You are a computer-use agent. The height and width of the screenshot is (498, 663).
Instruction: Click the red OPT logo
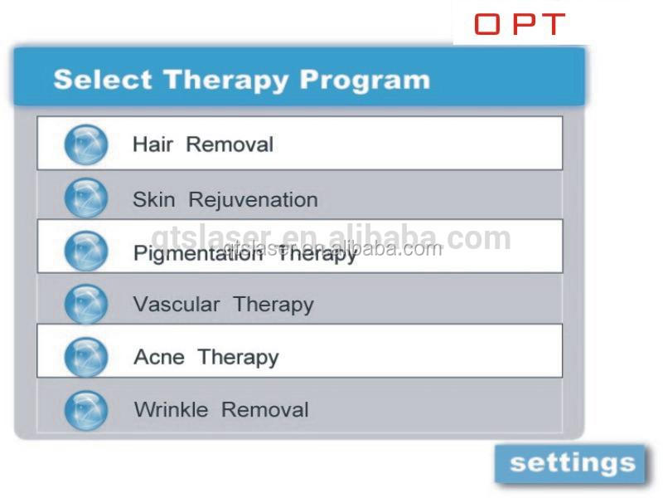pyautogui.click(x=520, y=24)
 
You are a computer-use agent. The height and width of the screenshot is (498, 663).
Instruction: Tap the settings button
pyautogui.click(x=571, y=463)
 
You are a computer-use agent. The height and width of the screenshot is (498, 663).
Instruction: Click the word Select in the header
pyautogui.click(x=103, y=79)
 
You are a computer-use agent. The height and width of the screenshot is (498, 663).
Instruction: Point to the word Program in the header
pyautogui.click(x=365, y=81)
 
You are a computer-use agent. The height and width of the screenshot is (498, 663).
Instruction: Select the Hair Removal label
pyautogui.click(x=203, y=144)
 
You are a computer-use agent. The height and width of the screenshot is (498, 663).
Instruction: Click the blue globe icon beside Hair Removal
pyautogui.click(x=86, y=144)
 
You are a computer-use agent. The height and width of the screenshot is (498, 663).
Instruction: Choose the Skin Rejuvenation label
pyautogui.click(x=225, y=200)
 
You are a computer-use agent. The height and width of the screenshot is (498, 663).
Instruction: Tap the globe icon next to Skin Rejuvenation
pyautogui.click(x=86, y=198)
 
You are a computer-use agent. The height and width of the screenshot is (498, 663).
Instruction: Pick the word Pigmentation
pyautogui.click(x=198, y=254)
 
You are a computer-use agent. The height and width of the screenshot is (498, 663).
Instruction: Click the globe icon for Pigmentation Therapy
pyautogui.click(x=86, y=251)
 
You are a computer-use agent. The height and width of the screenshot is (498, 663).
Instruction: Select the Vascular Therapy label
pyautogui.click(x=224, y=305)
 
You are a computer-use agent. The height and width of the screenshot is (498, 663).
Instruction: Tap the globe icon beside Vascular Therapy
pyautogui.click(x=86, y=304)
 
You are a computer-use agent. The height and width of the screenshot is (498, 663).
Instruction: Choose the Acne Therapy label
pyautogui.click(x=206, y=358)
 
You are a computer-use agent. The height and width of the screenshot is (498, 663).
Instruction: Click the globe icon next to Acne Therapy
pyautogui.click(x=86, y=357)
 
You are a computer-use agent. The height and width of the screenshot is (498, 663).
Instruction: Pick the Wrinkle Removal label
pyautogui.click(x=221, y=410)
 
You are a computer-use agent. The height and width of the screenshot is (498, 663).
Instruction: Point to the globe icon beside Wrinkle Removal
pyautogui.click(x=86, y=410)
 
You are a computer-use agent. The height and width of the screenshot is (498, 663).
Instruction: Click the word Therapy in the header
pyautogui.click(x=226, y=81)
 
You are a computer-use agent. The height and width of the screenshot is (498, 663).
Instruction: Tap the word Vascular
pyautogui.click(x=177, y=304)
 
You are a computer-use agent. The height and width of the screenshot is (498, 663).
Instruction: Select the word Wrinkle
pyautogui.click(x=171, y=410)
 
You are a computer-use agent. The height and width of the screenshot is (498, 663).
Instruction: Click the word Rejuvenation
pyautogui.click(x=254, y=200)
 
